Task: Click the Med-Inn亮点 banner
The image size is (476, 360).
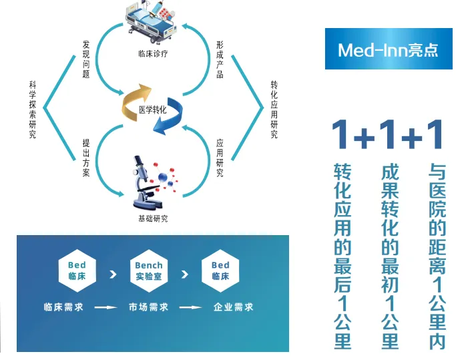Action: [389, 49]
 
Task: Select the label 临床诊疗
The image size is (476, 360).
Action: [152, 53]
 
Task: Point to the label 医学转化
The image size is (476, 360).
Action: [152, 109]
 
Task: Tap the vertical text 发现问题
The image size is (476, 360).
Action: [85, 59]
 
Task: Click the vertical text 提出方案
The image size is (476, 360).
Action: [85, 158]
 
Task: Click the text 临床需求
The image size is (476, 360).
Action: [64, 307]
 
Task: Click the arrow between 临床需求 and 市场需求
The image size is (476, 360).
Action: [106, 308]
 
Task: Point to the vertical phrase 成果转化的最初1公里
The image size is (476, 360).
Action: [389, 254]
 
